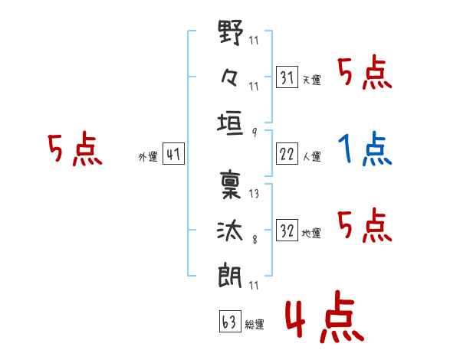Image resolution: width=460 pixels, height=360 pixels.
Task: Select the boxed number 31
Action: pyautogui.click(x=287, y=77)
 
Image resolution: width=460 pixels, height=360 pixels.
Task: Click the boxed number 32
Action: pyautogui.click(x=287, y=230)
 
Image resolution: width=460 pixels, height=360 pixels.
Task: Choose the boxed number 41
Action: pyautogui.click(x=173, y=155)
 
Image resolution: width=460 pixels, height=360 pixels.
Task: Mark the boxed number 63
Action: pyautogui.click(x=228, y=322)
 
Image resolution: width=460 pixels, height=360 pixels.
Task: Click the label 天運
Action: pyautogui.click(x=311, y=80)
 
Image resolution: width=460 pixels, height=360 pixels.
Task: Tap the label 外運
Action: pyautogui.click(x=147, y=157)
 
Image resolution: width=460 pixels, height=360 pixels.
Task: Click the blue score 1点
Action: pyautogui.click(x=365, y=149)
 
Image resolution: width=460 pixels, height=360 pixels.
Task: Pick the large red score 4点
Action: pyautogui.click(x=323, y=320)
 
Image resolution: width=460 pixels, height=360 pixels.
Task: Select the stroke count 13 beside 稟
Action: pyautogui.click(x=254, y=195)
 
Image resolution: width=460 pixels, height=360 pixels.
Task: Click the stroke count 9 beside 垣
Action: pyautogui.click(x=254, y=132)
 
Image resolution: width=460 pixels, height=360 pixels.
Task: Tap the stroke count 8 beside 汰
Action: pyautogui.click(x=254, y=239)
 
